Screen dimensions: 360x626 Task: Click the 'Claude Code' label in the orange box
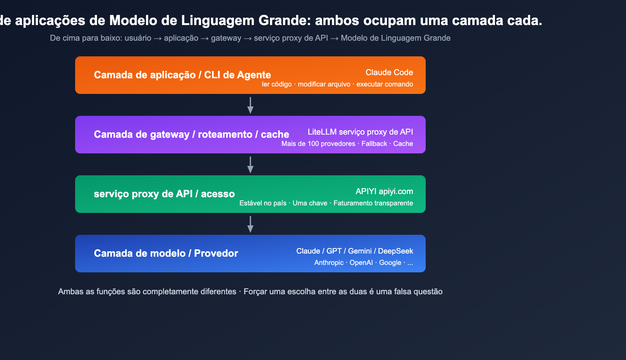[389, 72]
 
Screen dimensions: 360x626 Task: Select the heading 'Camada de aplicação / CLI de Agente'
[182, 75]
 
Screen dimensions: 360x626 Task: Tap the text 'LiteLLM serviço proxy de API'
[360, 132]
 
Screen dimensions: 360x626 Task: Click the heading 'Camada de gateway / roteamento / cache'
[191, 134]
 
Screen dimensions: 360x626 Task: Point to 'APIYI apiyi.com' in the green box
[384, 191]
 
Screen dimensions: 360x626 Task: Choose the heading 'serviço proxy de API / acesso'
[164, 194]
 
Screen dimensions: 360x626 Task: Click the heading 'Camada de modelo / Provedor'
[166, 253]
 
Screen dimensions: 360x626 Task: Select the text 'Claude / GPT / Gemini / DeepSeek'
[354, 251]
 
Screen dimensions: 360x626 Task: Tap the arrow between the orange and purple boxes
[250, 105]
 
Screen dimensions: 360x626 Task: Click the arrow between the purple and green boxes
[250, 164]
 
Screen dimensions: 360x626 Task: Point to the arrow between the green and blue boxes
[250, 224]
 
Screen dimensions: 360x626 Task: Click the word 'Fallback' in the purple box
[374, 144]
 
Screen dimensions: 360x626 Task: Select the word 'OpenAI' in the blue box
[361, 263]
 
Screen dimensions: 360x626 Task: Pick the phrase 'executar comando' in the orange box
[385, 84]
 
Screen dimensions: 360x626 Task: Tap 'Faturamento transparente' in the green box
[373, 203]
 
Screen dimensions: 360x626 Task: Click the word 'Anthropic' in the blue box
[329, 263]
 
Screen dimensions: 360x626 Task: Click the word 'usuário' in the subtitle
[138, 38]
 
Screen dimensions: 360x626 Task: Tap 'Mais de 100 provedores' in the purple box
[318, 144]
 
